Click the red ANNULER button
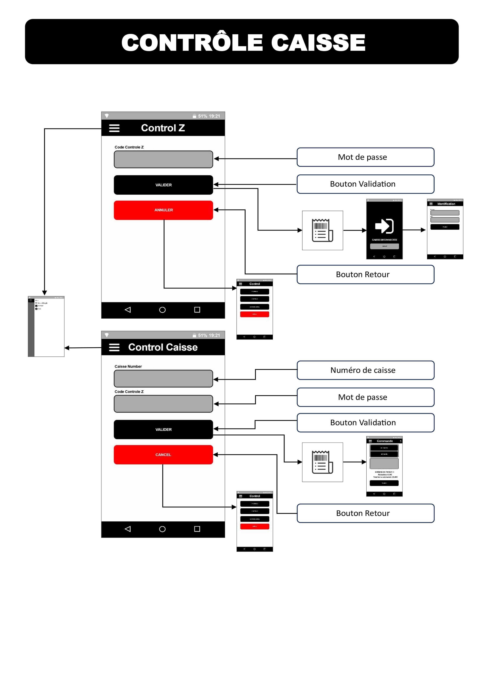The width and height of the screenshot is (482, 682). click(x=163, y=210)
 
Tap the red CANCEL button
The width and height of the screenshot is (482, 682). click(x=163, y=455)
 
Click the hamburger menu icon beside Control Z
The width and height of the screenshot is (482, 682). click(x=114, y=128)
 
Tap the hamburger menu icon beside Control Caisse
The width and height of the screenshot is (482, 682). click(x=114, y=347)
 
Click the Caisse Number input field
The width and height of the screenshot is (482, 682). click(x=163, y=379)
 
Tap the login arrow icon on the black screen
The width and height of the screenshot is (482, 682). click(x=384, y=226)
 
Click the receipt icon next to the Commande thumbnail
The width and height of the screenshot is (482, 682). click(x=322, y=462)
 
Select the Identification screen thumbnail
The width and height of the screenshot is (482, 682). click(x=445, y=229)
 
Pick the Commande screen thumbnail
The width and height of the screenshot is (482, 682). click(x=384, y=466)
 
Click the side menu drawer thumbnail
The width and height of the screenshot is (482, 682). click(x=46, y=326)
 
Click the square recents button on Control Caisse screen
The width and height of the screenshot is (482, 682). click(x=197, y=529)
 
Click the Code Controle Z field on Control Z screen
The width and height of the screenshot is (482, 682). click(x=163, y=159)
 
